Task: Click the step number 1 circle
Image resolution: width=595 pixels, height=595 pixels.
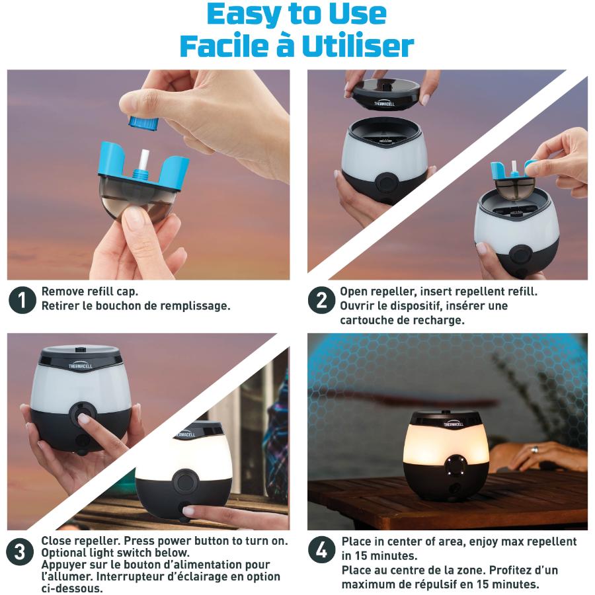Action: [22, 299]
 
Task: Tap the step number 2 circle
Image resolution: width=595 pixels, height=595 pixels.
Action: [321, 299]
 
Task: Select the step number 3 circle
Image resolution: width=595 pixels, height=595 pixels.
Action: [20, 551]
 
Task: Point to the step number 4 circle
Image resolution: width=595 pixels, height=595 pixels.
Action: [321, 550]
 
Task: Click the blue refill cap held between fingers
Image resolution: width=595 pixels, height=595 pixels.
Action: [143, 122]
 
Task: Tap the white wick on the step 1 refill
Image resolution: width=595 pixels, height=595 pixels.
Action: [145, 161]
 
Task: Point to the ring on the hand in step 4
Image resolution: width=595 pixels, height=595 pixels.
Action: [534, 450]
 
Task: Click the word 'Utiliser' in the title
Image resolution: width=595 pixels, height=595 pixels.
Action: [358, 46]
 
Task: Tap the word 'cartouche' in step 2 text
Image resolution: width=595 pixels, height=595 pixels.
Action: [366, 320]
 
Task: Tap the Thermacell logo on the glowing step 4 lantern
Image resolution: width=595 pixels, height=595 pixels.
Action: [454, 424]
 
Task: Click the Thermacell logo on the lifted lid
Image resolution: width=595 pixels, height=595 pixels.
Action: [383, 103]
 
